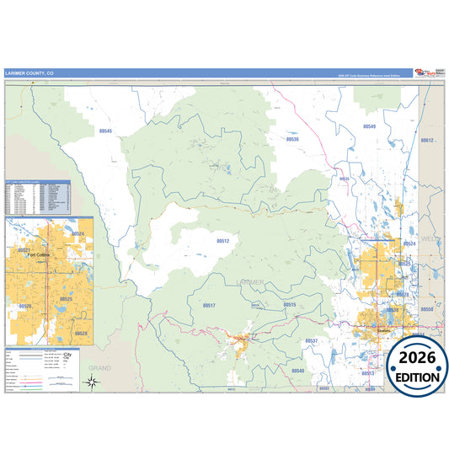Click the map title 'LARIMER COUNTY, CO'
(x=29, y=73)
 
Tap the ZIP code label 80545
(x=105, y=131)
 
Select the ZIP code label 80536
(x=291, y=139)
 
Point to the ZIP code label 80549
(x=369, y=126)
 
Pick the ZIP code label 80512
(x=222, y=241)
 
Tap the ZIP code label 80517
(x=209, y=306)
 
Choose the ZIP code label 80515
(x=289, y=305)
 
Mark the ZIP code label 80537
(x=312, y=340)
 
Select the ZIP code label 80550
(x=426, y=310)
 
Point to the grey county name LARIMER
(x=250, y=281)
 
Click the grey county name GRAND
(x=99, y=368)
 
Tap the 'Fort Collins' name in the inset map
(x=40, y=254)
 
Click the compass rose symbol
(x=92, y=382)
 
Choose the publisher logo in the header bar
(x=425, y=73)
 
